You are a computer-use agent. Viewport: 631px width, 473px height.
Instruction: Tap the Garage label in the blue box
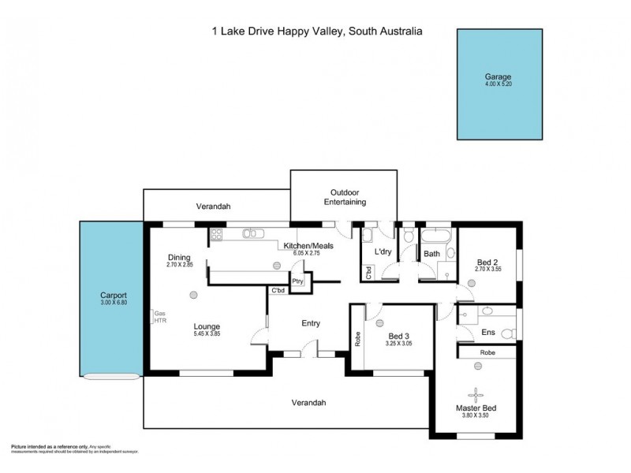498,77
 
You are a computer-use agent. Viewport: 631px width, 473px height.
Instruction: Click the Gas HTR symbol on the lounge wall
159,318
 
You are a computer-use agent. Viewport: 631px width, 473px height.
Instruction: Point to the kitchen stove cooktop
218,234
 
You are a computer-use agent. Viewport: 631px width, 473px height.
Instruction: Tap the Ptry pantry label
297,281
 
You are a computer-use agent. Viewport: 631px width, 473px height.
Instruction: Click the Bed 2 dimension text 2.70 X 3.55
488,270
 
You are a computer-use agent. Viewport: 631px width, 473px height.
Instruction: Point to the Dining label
180,257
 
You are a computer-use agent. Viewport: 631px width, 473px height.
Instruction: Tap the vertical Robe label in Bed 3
357,339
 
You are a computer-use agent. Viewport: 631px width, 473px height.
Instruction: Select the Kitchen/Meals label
308,246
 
